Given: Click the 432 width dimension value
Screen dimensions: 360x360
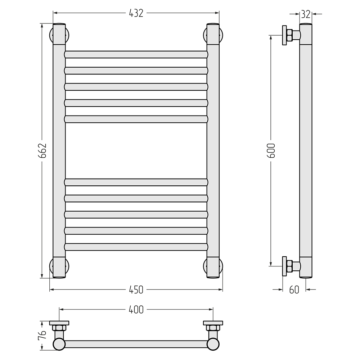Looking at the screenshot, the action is click(x=136, y=13).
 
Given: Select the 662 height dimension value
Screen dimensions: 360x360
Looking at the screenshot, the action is click(x=42, y=150).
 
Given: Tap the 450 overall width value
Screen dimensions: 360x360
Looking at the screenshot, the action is click(x=136, y=290).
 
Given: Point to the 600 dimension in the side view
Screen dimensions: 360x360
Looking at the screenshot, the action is click(x=271, y=150).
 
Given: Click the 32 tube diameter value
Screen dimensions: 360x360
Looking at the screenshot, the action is click(x=306, y=14).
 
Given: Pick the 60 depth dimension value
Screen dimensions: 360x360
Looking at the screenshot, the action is click(x=294, y=290).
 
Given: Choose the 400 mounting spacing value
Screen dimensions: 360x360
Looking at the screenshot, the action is click(x=136, y=310).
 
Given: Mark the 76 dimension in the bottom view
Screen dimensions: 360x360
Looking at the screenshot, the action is click(x=42, y=335).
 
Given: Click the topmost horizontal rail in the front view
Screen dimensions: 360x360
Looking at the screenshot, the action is click(x=136, y=54).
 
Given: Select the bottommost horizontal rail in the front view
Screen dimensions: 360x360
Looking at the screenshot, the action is click(x=136, y=247).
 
